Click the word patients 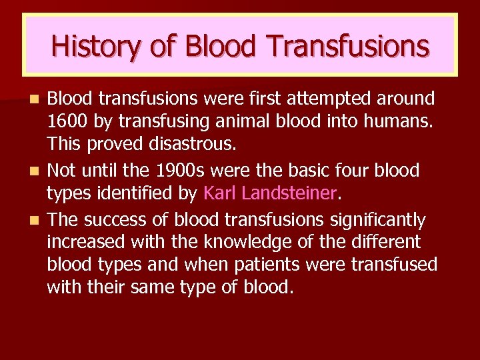pyautogui.click(x=263, y=265)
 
